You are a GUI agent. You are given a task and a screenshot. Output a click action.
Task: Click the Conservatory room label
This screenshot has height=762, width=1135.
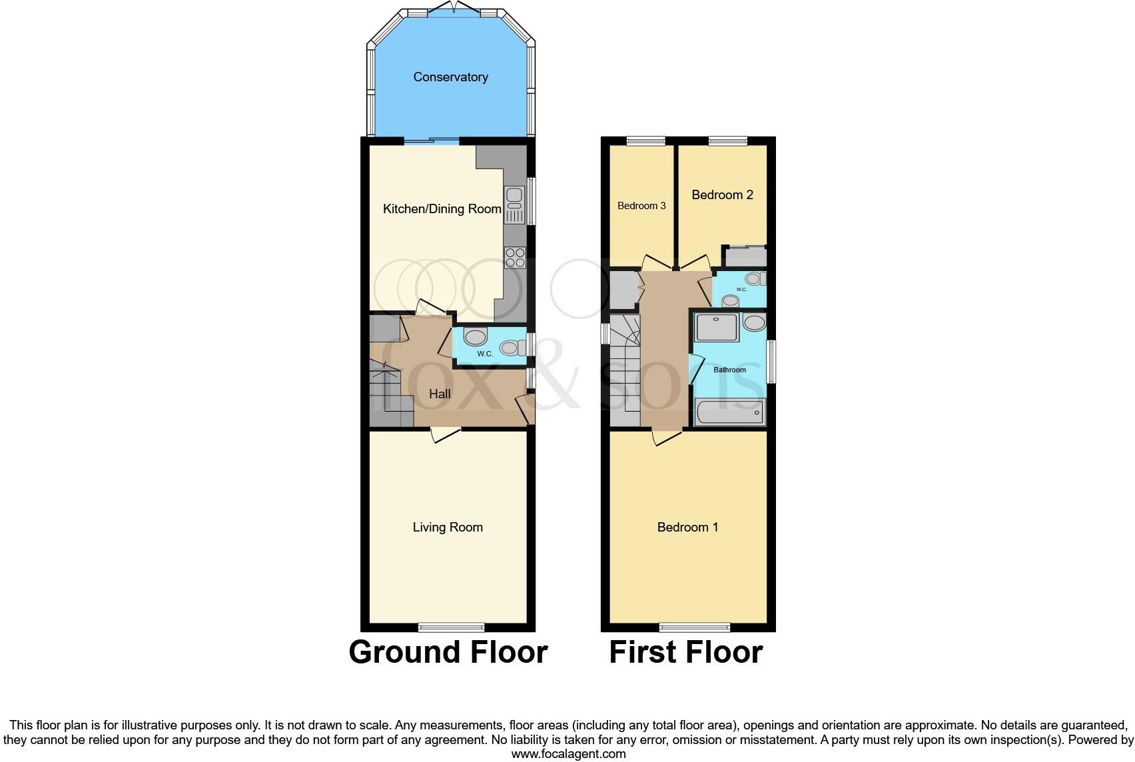[450, 77]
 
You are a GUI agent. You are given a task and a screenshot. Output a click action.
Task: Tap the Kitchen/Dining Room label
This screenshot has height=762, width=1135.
[442, 209]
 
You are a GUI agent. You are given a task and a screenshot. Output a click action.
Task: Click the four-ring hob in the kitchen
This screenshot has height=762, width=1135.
[515, 257]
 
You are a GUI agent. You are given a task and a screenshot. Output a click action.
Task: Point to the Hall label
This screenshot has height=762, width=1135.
[440, 394]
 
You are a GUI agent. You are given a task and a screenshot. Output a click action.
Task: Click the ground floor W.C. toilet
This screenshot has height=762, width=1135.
[511, 348]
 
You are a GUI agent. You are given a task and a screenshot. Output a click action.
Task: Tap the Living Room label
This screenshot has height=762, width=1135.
[448, 528]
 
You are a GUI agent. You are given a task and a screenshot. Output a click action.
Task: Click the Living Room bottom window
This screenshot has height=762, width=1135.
[452, 627]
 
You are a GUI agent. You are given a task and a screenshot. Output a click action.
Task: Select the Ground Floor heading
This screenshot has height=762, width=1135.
[448, 652]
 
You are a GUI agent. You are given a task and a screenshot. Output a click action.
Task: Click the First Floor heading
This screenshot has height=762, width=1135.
[685, 652]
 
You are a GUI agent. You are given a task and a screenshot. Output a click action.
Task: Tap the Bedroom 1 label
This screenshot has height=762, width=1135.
[687, 528]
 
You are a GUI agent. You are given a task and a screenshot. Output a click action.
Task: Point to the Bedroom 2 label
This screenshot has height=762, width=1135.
[722, 195]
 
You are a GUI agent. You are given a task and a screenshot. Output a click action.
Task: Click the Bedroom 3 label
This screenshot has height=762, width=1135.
[641, 206]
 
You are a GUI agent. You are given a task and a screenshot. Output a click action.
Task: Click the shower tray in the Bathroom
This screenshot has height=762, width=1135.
[717, 327]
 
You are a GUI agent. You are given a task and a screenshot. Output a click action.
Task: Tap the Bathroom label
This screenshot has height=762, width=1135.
[729, 370]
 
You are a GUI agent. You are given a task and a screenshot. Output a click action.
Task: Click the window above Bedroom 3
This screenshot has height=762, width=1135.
[646, 141]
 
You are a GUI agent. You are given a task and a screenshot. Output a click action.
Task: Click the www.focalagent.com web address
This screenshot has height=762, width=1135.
[568, 754]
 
